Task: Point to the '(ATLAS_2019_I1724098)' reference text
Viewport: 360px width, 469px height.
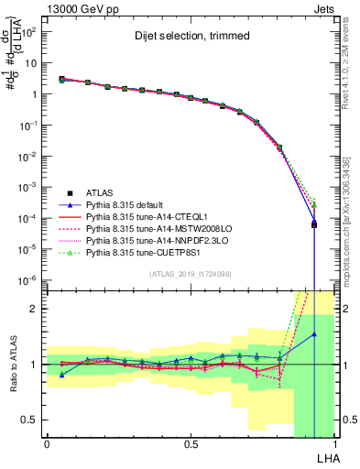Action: point(190,274)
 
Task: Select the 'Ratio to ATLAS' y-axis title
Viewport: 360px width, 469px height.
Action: point(12,364)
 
